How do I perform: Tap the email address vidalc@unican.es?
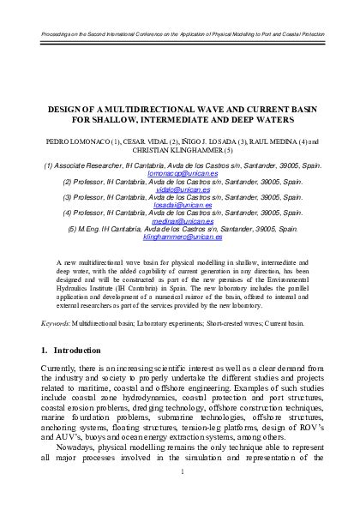[x=180, y=192]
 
